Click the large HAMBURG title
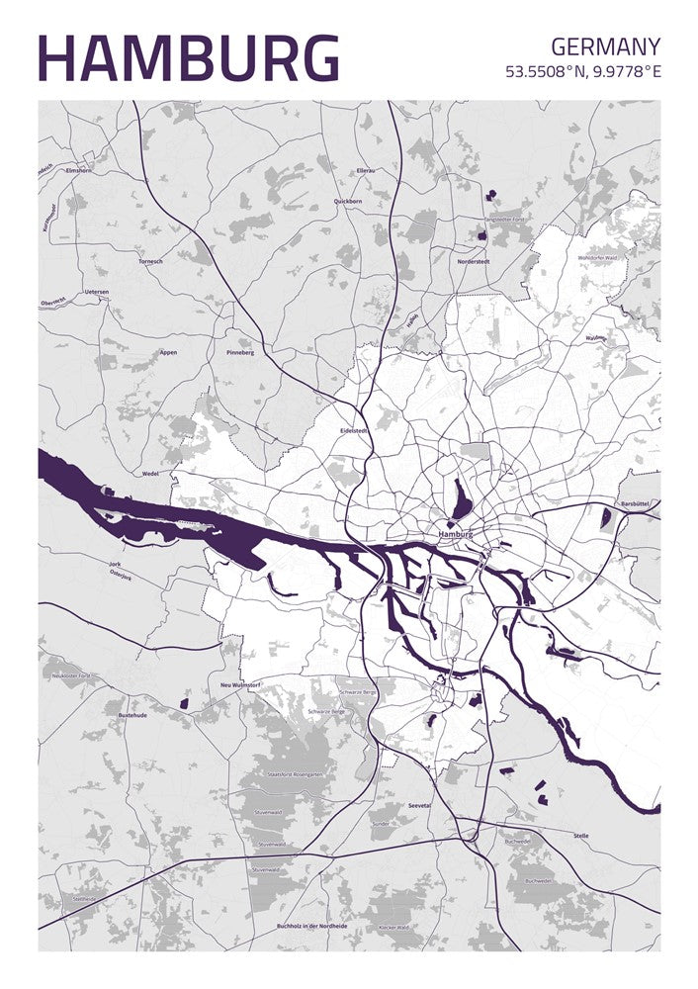click(188, 58)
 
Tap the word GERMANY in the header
click(605, 45)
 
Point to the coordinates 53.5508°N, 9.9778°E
click(582, 72)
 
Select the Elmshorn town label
click(77, 171)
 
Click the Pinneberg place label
click(240, 352)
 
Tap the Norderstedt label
click(473, 261)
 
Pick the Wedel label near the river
click(150, 474)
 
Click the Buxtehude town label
click(132, 714)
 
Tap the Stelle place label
click(580, 836)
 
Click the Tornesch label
click(150, 262)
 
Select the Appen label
click(168, 352)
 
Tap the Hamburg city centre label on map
click(455, 534)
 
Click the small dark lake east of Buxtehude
click(184, 703)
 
